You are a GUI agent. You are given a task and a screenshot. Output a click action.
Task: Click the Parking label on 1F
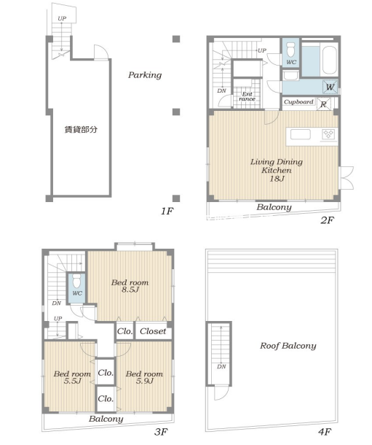click(x=145, y=75)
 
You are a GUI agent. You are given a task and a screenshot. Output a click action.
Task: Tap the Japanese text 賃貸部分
click(x=82, y=130)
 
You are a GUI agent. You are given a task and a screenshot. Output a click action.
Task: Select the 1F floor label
click(x=167, y=211)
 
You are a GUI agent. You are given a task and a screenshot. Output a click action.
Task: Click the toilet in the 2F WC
click(x=290, y=50)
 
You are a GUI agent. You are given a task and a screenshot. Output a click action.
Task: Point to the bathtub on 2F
click(x=330, y=60)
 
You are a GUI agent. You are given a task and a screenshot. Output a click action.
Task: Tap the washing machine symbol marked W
click(x=330, y=87)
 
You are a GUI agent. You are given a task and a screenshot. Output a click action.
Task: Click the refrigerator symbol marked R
click(x=323, y=104)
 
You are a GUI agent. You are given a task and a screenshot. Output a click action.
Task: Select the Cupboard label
click(x=298, y=101)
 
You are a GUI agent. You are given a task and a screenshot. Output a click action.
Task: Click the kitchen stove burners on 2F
click(x=328, y=134)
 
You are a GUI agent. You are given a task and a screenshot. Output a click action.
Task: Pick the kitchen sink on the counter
click(x=301, y=134)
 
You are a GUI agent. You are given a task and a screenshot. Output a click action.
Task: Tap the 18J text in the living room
click(x=277, y=179)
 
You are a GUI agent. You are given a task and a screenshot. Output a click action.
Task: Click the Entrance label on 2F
click(x=247, y=96)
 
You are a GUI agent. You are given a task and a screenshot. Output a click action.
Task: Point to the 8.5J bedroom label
click(x=130, y=290)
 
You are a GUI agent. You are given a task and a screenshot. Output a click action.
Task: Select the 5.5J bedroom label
click(x=72, y=381)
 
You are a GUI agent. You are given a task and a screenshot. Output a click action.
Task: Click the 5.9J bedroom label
click(x=144, y=381)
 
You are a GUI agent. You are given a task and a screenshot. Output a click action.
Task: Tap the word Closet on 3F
click(x=153, y=331)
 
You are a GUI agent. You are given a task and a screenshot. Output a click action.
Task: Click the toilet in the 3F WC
click(x=76, y=282)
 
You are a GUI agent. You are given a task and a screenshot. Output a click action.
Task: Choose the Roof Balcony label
click(x=288, y=346)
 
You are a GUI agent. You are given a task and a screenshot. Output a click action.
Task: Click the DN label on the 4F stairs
click(x=221, y=367)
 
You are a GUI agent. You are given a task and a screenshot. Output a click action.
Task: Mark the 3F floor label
click(x=160, y=432)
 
